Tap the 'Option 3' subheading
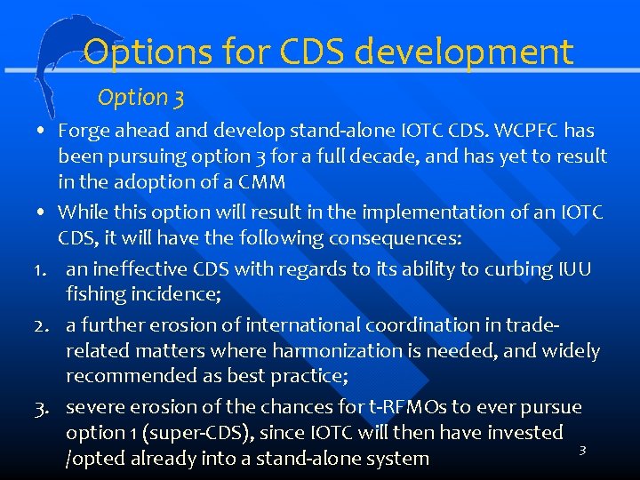coord(140,97)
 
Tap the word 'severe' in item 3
coord(94,407)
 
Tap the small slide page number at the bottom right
coord(582,451)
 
